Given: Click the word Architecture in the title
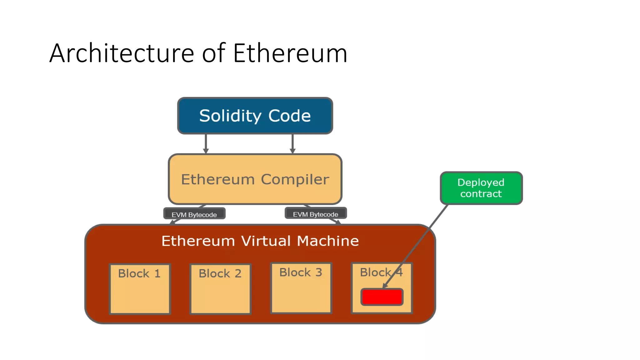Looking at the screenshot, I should (x=122, y=53).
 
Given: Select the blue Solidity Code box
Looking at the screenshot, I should (x=255, y=116).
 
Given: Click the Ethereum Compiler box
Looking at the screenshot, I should (x=255, y=179).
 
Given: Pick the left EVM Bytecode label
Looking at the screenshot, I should (x=194, y=214).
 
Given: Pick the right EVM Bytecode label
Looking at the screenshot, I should (x=315, y=214).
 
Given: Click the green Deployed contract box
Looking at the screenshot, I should (x=481, y=188).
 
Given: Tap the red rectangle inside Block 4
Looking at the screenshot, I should (x=382, y=297).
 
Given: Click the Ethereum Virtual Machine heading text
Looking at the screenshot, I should (x=260, y=241).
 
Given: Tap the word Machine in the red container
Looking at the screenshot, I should (x=328, y=241).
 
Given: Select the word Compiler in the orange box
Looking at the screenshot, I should (x=295, y=179).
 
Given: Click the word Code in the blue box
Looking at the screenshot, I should (x=289, y=116).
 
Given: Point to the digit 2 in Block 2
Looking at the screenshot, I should (x=238, y=273).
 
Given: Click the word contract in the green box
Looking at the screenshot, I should (x=481, y=194).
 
